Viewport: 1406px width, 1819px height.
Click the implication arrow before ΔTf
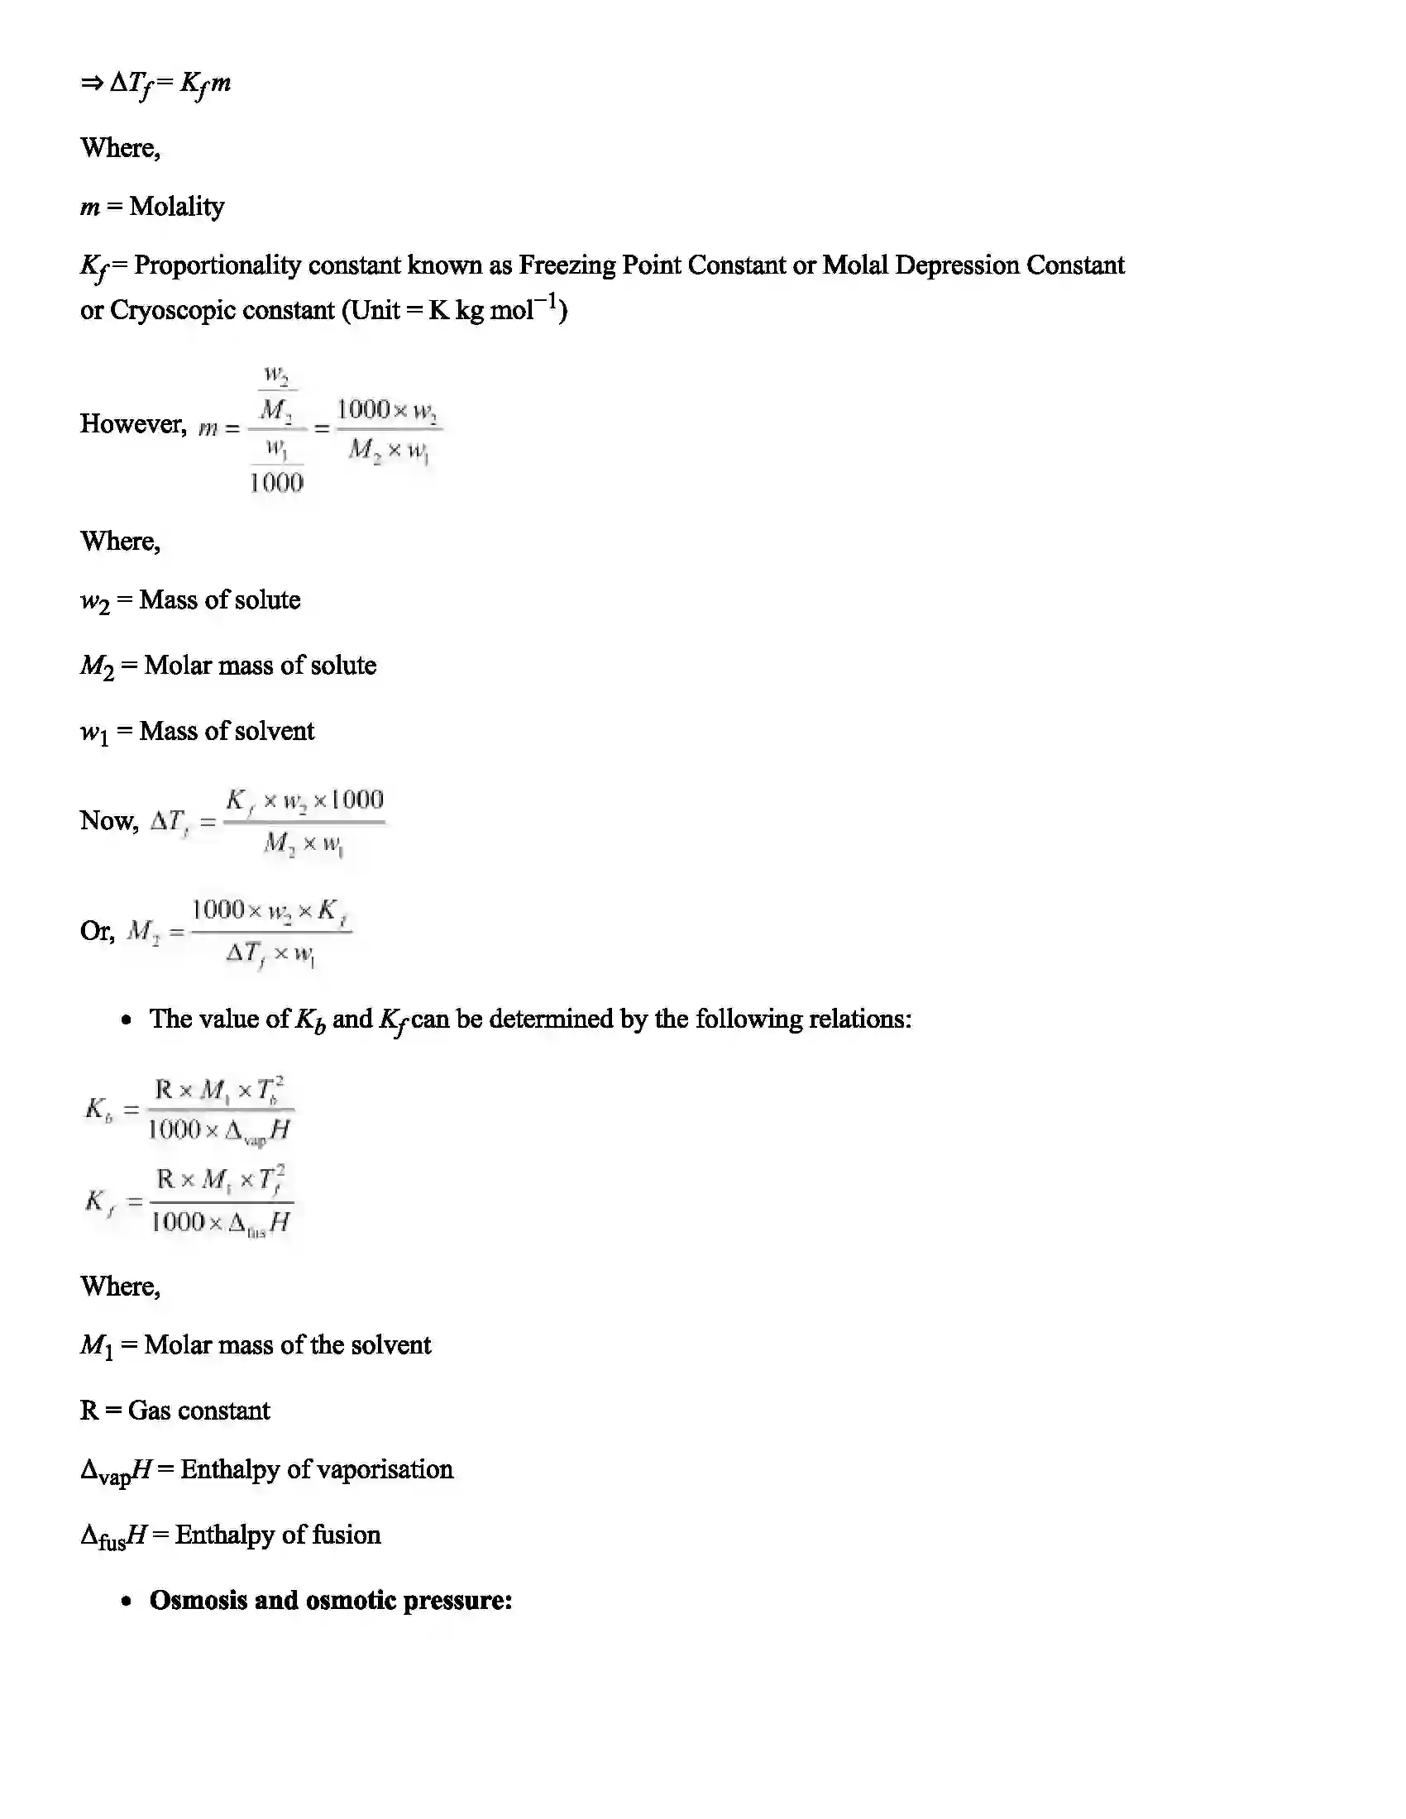pos(92,83)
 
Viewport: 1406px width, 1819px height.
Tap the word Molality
pos(177,207)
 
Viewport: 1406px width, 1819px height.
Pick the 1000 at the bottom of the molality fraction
pos(276,482)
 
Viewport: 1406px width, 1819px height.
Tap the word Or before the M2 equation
pos(97,930)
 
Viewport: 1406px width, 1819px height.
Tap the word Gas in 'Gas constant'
pos(149,1411)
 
